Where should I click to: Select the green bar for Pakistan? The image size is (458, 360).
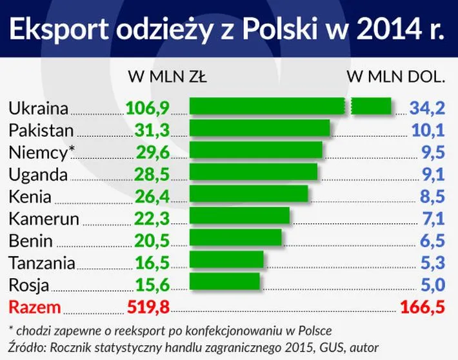coord(259,128)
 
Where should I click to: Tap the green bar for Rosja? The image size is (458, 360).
coord(224,282)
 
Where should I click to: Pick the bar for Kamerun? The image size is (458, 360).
coord(239,216)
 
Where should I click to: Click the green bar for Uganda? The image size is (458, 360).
coord(253,172)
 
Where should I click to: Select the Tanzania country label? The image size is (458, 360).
coord(42,262)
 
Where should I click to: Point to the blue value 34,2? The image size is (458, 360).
coord(427,107)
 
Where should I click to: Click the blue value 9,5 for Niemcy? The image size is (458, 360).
coord(431,152)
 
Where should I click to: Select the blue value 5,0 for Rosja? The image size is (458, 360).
coord(431,284)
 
